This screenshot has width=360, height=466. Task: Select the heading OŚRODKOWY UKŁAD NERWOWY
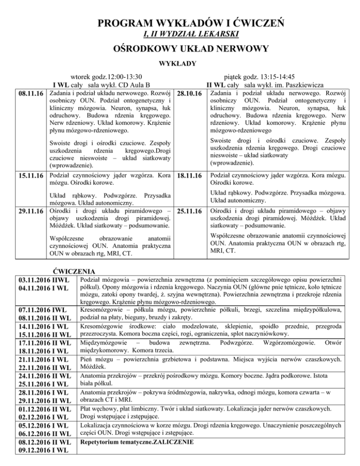click(180, 49)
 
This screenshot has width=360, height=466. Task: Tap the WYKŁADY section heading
click(180, 63)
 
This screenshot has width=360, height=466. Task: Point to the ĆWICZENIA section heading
click(75, 271)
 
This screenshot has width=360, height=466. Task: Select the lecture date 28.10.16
click(190, 96)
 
